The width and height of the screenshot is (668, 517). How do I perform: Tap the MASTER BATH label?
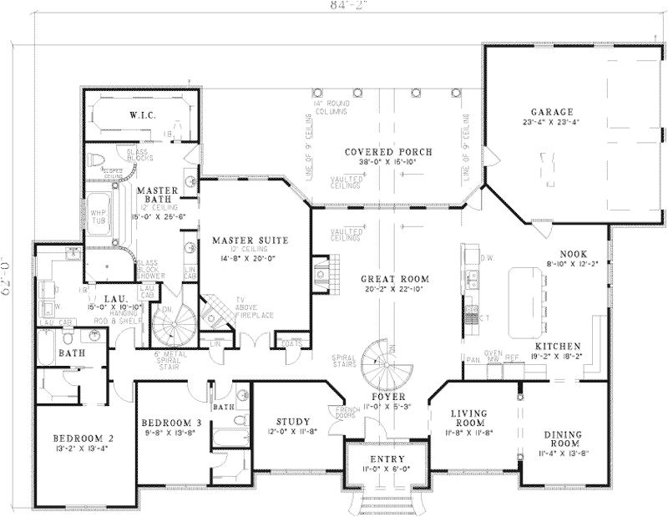pos(154,195)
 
